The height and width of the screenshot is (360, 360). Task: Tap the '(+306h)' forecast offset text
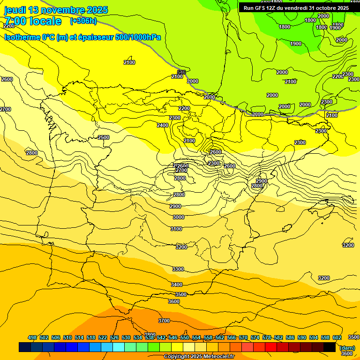click(x=83, y=21)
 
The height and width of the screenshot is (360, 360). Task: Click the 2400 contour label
click(x=163, y=125)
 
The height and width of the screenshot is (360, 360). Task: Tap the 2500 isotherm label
click(x=104, y=137)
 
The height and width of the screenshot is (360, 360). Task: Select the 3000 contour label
click(x=178, y=217)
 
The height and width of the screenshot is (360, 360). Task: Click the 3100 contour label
click(x=176, y=229)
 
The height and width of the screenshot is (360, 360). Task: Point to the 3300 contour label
click(x=178, y=269)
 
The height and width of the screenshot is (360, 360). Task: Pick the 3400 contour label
click(x=176, y=285)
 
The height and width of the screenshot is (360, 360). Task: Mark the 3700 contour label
click(x=164, y=321)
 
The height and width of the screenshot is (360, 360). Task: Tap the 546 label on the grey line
click(x=181, y=72)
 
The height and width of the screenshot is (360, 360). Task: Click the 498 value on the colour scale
click(x=32, y=337)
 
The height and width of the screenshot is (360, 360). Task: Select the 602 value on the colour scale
click(x=337, y=337)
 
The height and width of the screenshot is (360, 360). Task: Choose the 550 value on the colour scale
click(x=185, y=337)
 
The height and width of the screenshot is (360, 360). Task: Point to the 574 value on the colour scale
click(x=255, y=337)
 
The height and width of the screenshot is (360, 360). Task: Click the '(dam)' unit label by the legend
click(x=346, y=348)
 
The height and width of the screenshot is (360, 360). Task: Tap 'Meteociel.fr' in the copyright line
click(x=219, y=357)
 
